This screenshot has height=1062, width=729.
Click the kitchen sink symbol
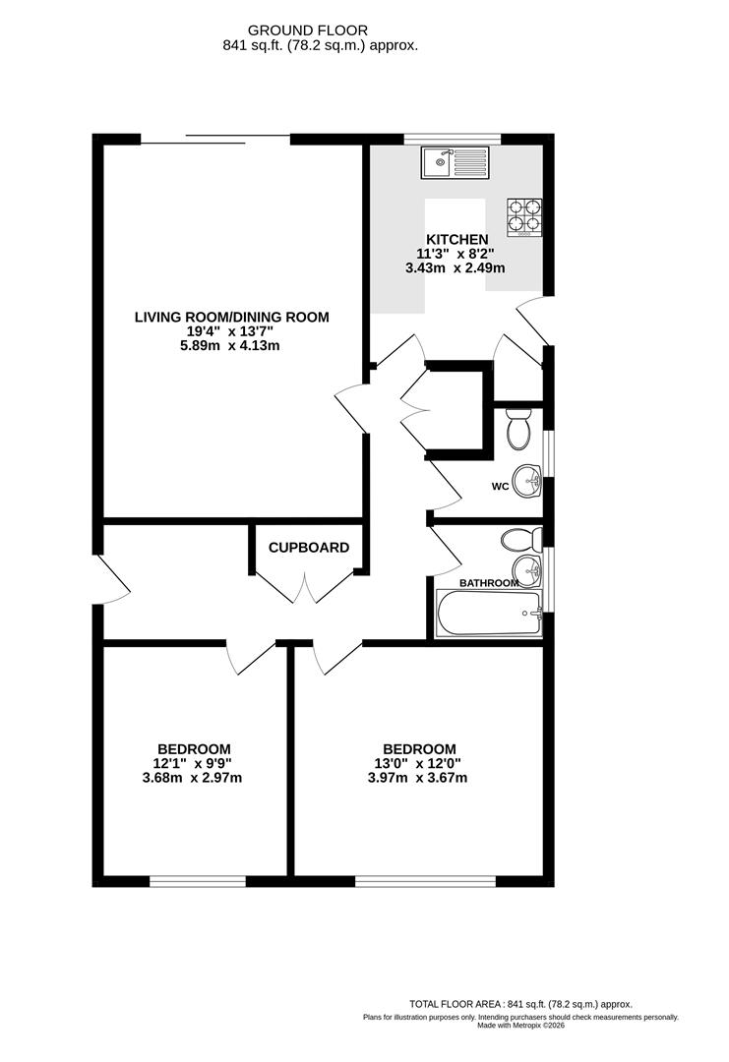pyautogui.click(x=455, y=162)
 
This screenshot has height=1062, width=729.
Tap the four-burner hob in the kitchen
pyautogui.click(x=524, y=218)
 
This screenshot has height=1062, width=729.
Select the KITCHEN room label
pyautogui.click(x=456, y=240)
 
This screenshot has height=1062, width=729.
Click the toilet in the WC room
pyautogui.click(x=517, y=427)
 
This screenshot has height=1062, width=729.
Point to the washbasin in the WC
pyautogui.click(x=530, y=482)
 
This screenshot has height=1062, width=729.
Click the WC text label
pyautogui.click(x=499, y=487)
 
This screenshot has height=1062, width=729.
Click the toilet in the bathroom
pyautogui.click(x=518, y=540)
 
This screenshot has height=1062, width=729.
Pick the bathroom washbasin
pyautogui.click(x=527, y=569)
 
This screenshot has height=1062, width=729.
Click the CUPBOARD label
pyautogui.click(x=309, y=548)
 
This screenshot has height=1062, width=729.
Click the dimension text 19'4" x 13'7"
pyautogui.click(x=232, y=331)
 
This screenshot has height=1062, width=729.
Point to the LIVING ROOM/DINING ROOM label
pyautogui.click(x=232, y=317)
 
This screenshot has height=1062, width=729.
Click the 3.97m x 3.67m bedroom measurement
pyautogui.click(x=419, y=778)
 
